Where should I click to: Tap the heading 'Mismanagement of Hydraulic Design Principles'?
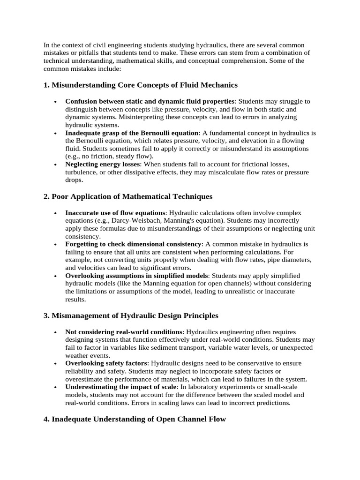point(135,315)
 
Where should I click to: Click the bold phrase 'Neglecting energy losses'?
point(102,164)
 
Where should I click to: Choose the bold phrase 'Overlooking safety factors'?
point(106,363)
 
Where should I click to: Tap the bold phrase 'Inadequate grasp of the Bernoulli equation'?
point(132,133)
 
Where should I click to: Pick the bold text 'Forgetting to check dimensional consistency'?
point(134,244)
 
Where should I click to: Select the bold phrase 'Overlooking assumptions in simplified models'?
point(136,276)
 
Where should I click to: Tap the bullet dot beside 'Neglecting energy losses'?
point(56,165)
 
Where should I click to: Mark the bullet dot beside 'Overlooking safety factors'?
point(56,364)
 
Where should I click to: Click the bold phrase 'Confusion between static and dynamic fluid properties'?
point(150,101)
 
